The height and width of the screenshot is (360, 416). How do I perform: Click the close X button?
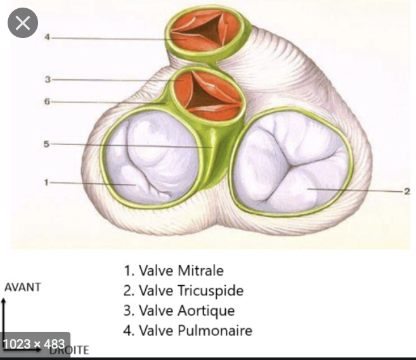(x=23, y=24)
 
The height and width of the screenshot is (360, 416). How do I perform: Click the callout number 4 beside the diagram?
(x=47, y=37)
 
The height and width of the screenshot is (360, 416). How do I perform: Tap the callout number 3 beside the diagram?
(x=47, y=80)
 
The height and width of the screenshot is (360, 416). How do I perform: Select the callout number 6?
(x=47, y=102)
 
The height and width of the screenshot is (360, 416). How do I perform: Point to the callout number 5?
(x=46, y=145)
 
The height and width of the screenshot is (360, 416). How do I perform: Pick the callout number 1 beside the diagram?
(x=47, y=183)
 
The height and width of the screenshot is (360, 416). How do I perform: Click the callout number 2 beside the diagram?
(x=406, y=190)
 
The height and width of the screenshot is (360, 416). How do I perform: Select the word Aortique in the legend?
(x=206, y=311)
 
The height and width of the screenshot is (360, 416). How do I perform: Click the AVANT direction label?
(x=23, y=286)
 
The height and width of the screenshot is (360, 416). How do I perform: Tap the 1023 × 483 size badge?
(x=35, y=344)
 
